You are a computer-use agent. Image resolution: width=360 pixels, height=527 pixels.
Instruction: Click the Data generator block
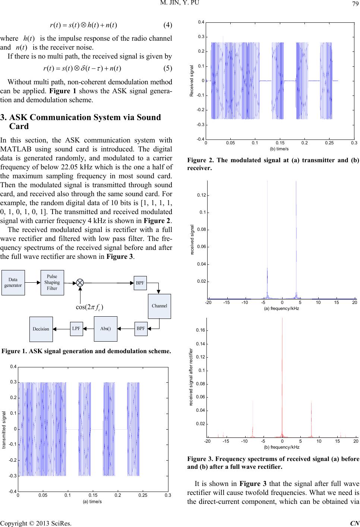pos(13,282)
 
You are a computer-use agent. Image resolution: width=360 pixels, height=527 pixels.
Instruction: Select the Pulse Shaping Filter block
pos(52,282)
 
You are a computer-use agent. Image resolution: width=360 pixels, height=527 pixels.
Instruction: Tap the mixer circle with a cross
pos(80,282)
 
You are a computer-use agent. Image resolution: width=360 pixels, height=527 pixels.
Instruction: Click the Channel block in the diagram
pos(160,306)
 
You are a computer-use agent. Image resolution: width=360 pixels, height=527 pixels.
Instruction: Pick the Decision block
pos(41,329)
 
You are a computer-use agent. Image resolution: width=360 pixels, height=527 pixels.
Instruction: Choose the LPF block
pos(76,329)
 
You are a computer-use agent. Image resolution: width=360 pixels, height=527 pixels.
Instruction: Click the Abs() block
pos(106,329)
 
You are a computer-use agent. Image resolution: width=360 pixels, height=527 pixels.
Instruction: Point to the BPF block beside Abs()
pos(141,329)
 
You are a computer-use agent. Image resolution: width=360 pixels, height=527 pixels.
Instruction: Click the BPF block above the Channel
pos(140,283)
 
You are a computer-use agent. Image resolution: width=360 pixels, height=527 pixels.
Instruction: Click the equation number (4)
pos(168,25)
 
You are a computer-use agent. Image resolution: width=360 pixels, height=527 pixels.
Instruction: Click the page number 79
pos(354,4)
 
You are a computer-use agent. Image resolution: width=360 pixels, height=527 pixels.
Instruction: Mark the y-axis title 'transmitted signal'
pos(4,429)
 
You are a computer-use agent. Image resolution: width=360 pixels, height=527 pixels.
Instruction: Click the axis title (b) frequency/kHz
pos(281,447)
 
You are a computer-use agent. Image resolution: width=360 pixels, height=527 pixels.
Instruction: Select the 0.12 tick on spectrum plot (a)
pos(201,195)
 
